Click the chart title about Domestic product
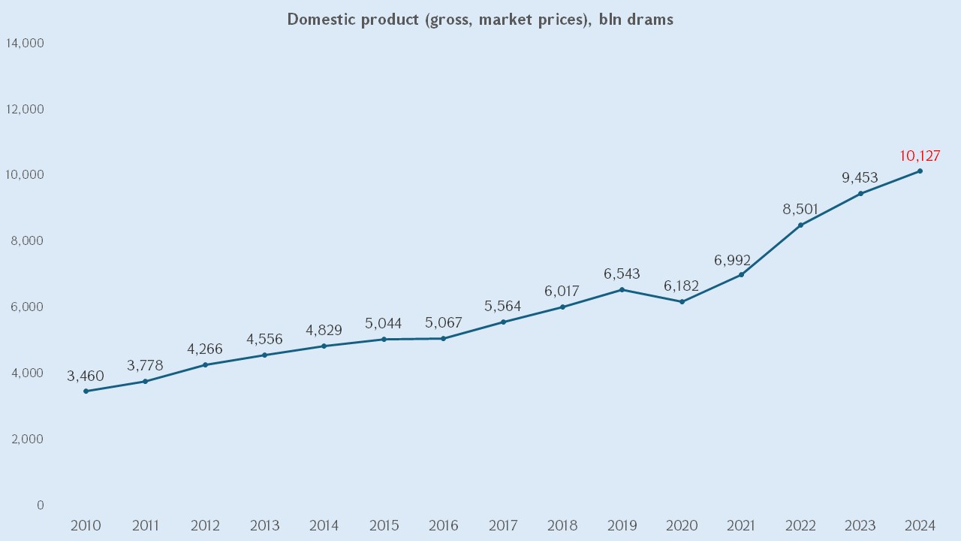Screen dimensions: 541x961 point(480,20)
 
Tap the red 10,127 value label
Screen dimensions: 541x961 point(920,156)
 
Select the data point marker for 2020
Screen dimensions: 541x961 point(682,302)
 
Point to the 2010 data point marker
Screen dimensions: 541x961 point(86,391)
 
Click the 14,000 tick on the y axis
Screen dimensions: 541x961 point(25,44)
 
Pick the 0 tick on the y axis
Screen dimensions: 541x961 point(41,505)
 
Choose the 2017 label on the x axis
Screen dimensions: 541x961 point(503,525)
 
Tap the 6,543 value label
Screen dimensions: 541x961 point(622,274)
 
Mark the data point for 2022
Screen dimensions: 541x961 point(800,225)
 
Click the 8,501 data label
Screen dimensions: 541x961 point(800,210)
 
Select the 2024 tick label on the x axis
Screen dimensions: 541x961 point(920,525)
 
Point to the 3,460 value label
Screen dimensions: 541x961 point(86,376)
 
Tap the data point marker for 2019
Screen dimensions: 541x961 point(622,289)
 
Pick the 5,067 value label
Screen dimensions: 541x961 point(443,324)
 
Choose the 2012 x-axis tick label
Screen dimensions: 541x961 point(205,525)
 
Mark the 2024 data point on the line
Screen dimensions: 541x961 point(920,171)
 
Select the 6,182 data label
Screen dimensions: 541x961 point(682,286)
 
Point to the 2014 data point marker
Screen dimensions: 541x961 point(324,346)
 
